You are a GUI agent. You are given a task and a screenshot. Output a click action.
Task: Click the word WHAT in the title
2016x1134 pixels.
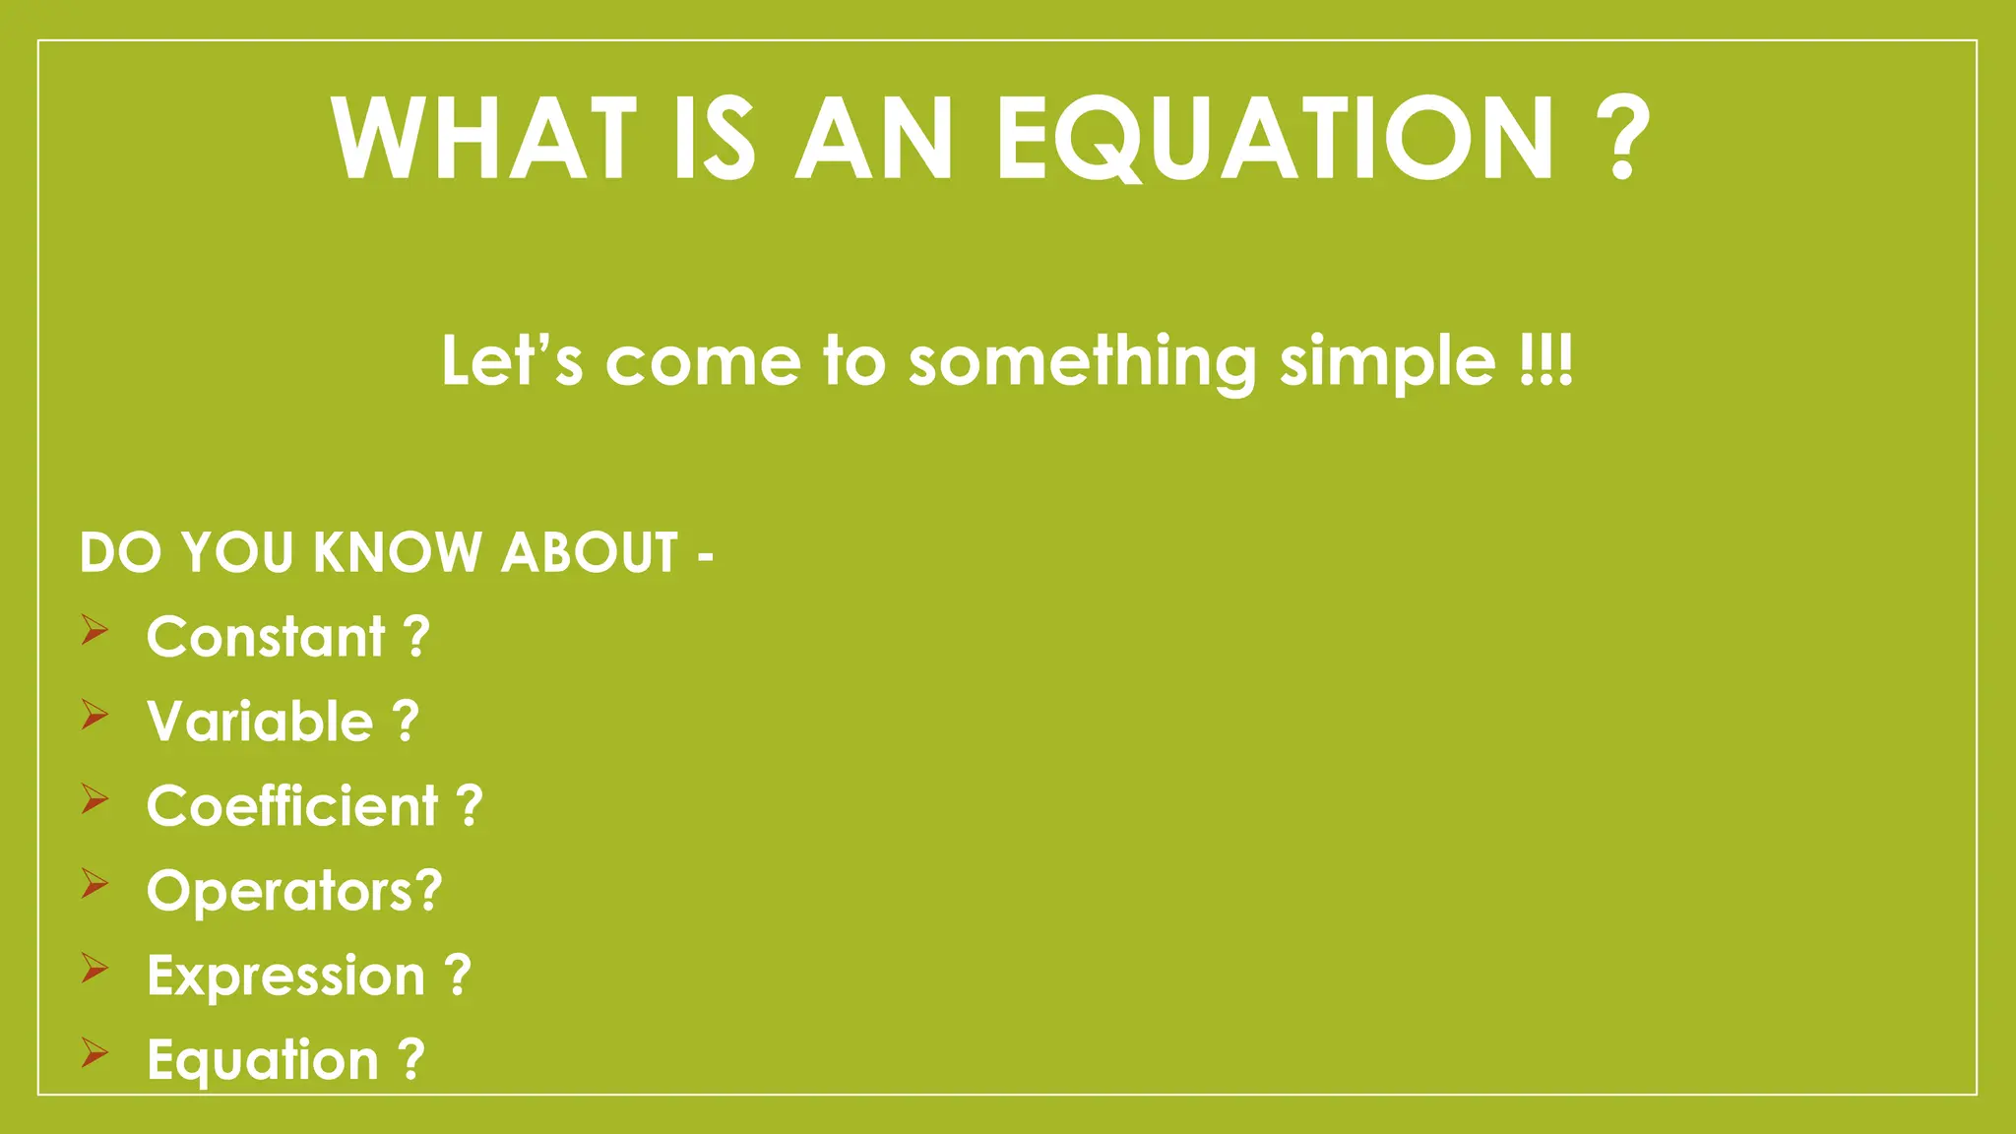483,139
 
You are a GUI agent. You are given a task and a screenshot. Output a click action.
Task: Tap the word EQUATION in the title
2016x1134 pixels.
1275,139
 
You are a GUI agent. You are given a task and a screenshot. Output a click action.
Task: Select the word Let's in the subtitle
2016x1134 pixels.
512,361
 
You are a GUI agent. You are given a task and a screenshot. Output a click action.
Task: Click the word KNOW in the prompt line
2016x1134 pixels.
397,552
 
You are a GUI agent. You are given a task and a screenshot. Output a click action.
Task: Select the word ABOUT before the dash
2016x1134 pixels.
590,552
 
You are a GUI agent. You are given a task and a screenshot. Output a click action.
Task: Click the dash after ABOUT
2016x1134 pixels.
705,557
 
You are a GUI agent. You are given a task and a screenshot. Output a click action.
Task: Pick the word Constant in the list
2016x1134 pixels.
266,637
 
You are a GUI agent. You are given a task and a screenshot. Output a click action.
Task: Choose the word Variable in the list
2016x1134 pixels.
260,722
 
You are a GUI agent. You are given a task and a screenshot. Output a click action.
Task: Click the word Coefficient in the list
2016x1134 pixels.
292,806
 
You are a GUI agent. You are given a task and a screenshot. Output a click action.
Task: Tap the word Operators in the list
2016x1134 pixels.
280,892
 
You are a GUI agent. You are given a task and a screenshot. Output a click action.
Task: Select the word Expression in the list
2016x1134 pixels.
285,976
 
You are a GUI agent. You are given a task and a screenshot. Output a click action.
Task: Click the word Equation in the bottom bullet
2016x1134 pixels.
263,1061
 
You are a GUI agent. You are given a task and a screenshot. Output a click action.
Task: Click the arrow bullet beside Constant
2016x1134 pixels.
94,630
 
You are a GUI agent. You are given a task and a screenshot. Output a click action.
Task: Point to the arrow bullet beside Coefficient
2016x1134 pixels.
94,799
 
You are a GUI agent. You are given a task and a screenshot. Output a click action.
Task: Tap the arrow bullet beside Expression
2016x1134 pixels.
94,969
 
